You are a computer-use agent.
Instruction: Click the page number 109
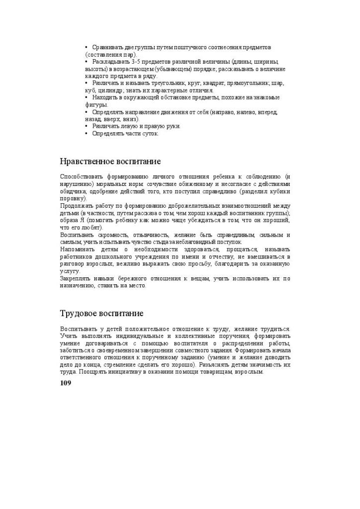[x=66, y=383]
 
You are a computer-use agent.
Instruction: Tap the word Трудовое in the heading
[x=78, y=314]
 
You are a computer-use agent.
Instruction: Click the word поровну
[x=73, y=198]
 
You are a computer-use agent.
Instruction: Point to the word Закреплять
[x=77, y=278]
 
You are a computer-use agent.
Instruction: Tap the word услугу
[x=70, y=271]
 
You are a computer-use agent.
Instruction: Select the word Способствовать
[x=81, y=176]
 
